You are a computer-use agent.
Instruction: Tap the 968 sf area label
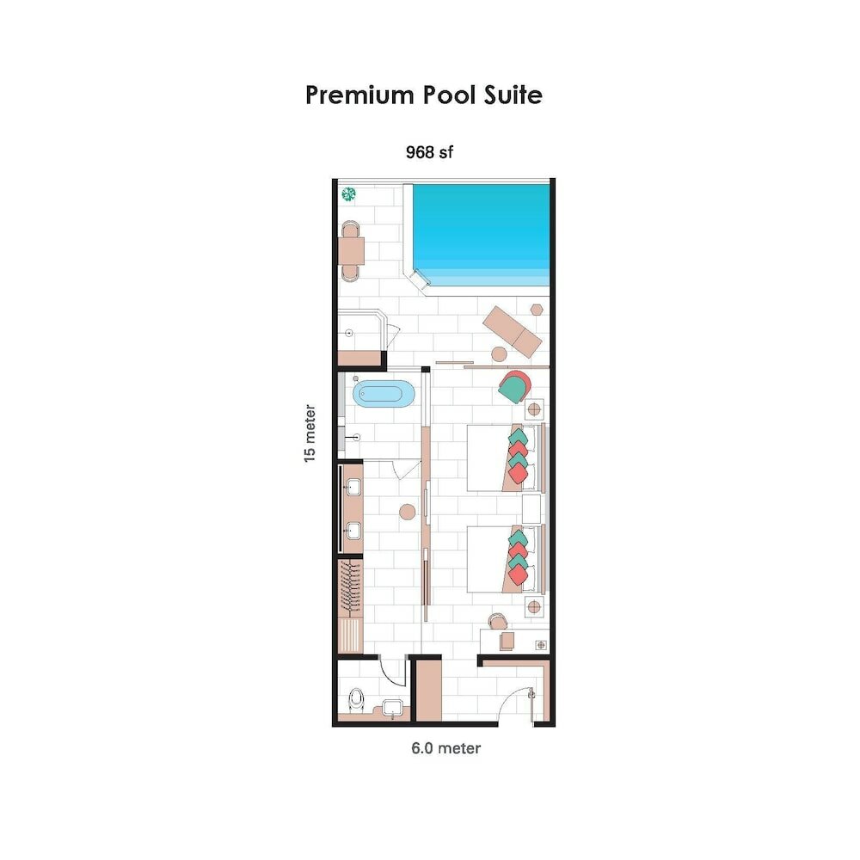point(429,153)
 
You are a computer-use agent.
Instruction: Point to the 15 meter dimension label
point(310,434)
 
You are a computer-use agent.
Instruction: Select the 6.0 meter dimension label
point(445,748)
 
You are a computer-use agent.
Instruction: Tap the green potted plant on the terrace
point(349,194)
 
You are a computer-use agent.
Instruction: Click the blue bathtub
point(384,395)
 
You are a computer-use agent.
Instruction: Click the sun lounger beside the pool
point(513,330)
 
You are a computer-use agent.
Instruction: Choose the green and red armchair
point(513,388)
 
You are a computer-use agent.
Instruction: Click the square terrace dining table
point(351,250)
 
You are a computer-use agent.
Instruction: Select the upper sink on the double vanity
point(353,488)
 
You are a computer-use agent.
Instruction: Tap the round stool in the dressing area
point(407,513)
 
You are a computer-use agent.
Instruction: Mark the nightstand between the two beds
point(531,507)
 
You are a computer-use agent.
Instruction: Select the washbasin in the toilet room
point(394,708)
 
